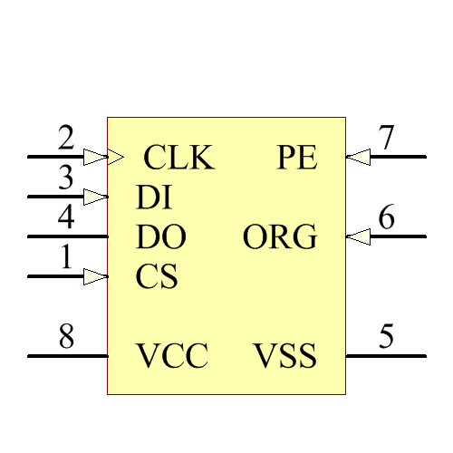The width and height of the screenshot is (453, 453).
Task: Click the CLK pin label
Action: coord(179,159)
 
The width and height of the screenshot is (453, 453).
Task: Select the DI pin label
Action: coord(154,198)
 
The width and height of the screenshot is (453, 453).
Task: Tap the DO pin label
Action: coord(161,237)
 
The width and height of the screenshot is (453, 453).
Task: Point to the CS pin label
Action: coord(157,276)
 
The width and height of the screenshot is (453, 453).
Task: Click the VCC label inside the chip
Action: coord(172,356)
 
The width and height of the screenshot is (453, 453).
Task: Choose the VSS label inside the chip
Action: coord(285,356)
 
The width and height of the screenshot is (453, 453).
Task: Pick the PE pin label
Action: coord(297,159)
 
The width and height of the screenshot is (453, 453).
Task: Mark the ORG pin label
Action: coord(280,237)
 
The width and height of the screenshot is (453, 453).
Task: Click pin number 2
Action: coord(66,139)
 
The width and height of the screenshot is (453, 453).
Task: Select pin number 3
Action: coord(66,178)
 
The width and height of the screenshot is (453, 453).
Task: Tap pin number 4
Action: coord(66,218)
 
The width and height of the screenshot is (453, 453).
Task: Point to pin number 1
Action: coord(66,258)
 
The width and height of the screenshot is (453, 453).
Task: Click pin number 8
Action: coord(66,338)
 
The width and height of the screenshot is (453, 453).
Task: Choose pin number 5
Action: coord(387,338)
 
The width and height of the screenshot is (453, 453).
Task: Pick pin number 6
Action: coord(387,218)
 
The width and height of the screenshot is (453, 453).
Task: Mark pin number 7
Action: coord(387,139)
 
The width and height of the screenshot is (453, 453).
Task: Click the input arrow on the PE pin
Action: coord(358,157)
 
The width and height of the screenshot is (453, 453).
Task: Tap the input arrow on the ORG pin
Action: coord(358,236)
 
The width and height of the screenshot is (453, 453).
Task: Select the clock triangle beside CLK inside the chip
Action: coord(116,157)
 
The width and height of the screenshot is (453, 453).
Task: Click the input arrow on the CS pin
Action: coord(95,276)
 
